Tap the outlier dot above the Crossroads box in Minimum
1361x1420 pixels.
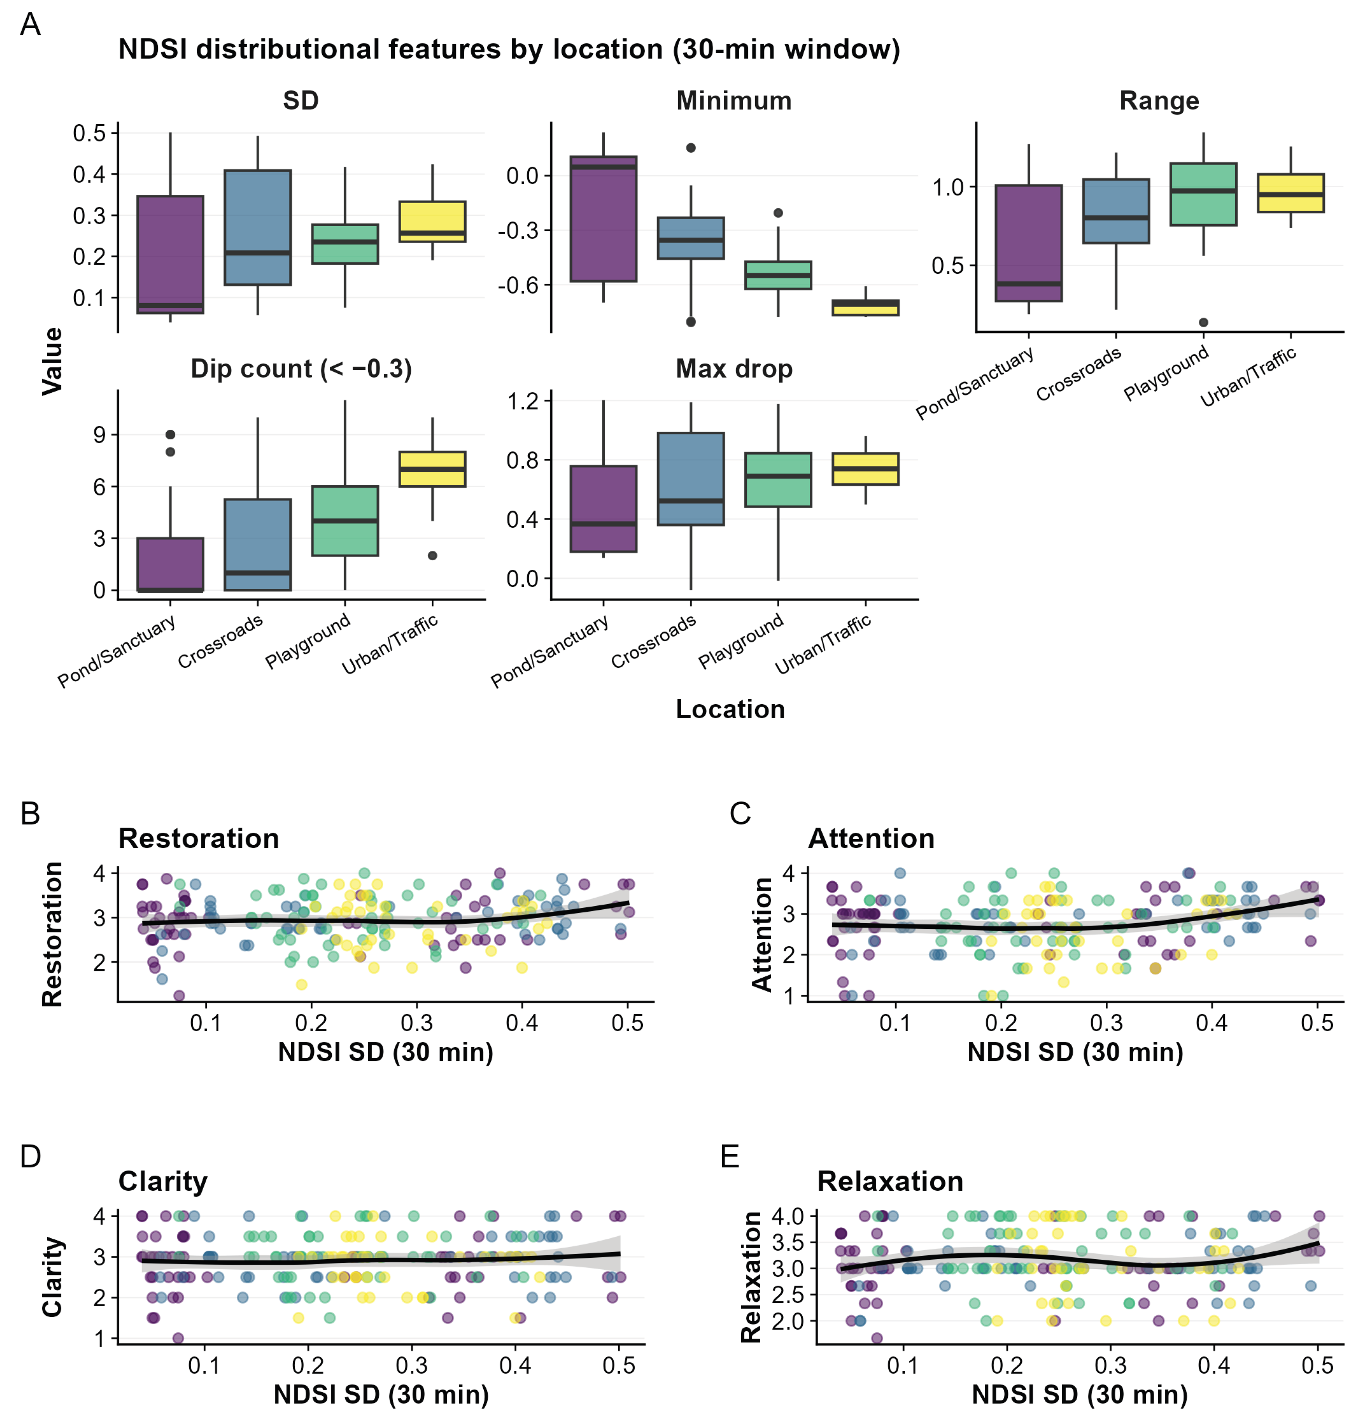691,148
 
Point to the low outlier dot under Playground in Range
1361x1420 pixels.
1203,323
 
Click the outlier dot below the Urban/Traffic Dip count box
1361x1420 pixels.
432,556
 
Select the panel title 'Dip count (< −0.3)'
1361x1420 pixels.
301,369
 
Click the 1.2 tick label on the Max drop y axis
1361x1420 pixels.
523,401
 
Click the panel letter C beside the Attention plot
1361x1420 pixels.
740,814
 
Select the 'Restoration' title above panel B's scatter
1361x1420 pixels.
198,838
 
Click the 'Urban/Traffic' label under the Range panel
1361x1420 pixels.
1248,377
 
